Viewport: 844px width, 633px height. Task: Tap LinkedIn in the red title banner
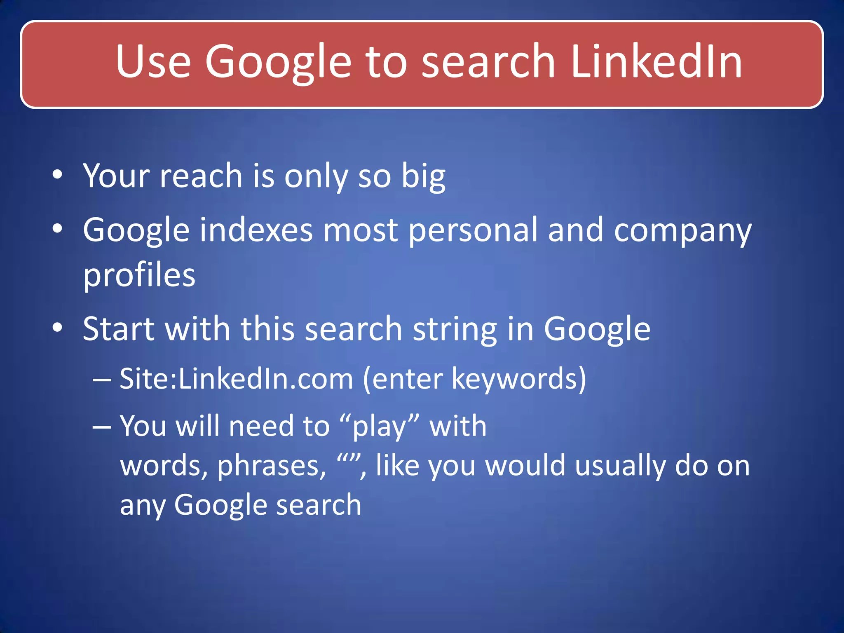coord(656,62)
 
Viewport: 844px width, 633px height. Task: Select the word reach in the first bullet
coord(201,176)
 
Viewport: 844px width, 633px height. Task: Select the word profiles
coord(139,276)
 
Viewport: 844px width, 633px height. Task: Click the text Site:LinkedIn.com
coord(236,378)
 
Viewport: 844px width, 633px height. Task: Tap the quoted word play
coord(379,427)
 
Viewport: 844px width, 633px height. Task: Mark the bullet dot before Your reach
coord(58,175)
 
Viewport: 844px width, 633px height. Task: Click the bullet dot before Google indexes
coord(58,229)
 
